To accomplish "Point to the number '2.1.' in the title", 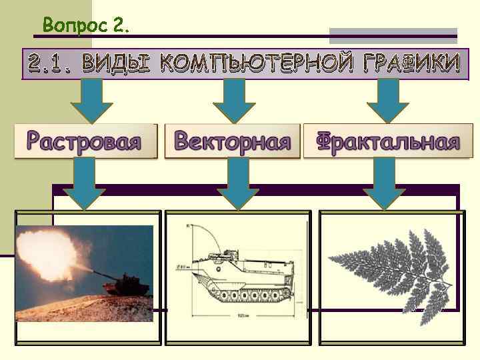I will [52, 64].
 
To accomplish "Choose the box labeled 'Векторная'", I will [233, 141].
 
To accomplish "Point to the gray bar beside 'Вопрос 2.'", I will [393, 35].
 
